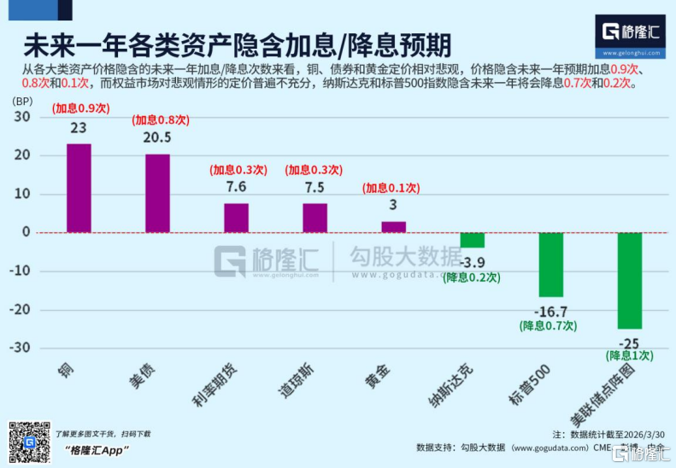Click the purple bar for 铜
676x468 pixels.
pos(79,188)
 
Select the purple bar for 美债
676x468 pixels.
pos(157,193)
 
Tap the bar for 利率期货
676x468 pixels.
pos(236,218)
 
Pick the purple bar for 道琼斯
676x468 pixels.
pos(314,218)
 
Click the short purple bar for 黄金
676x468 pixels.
pos(393,227)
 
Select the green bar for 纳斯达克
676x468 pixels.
pos(472,240)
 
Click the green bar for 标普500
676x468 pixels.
pos(550,264)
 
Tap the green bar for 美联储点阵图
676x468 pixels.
pos(629,280)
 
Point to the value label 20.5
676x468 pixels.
pos(157,138)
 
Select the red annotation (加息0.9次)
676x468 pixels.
pos(79,109)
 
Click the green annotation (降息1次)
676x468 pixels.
pos(629,355)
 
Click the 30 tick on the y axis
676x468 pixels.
pos(23,117)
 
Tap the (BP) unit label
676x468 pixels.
pos(21,100)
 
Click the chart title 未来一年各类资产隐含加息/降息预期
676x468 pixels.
pos(238,44)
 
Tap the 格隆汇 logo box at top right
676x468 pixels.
pos(630,35)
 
